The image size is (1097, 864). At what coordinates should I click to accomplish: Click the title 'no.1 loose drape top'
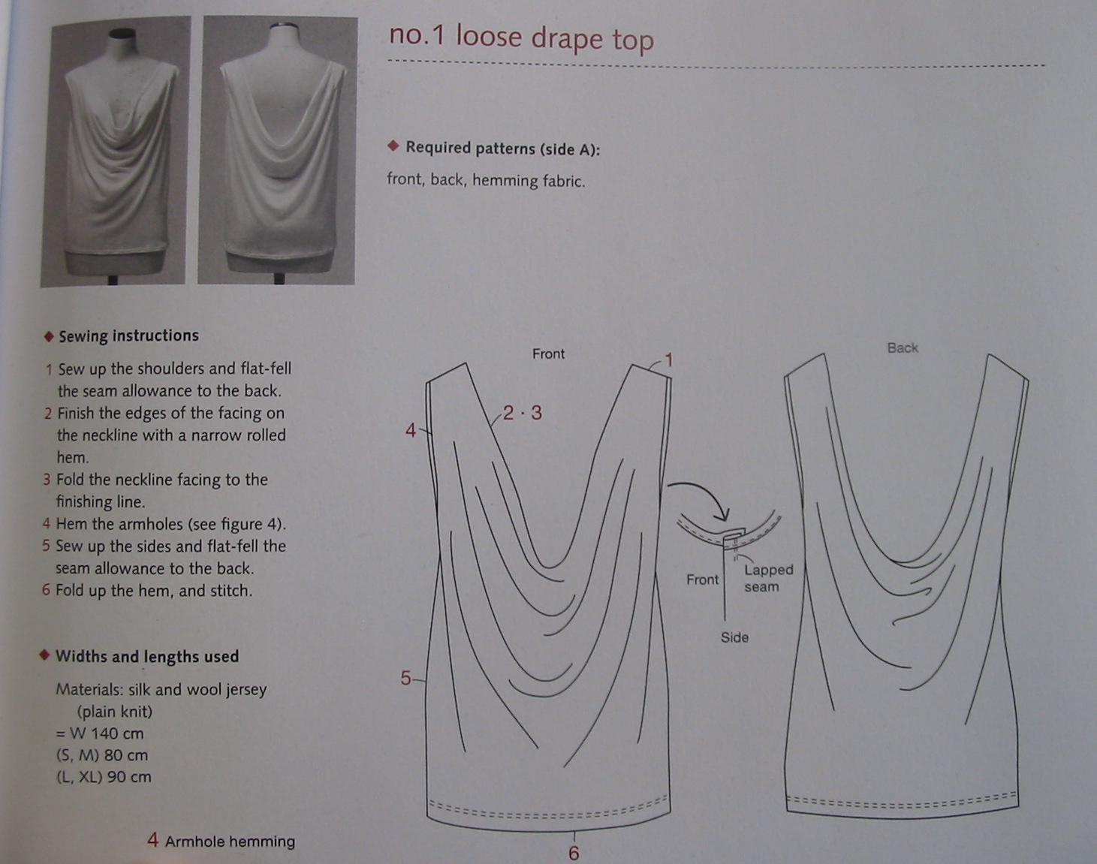(x=521, y=38)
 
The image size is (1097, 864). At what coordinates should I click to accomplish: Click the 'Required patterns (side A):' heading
(x=502, y=148)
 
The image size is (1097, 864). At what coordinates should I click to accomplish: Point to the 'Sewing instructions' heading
(x=128, y=336)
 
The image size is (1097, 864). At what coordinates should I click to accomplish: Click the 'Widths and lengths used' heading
(x=147, y=656)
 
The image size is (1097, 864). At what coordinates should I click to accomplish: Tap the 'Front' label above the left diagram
(x=548, y=354)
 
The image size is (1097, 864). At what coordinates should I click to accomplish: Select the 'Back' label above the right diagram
(x=903, y=348)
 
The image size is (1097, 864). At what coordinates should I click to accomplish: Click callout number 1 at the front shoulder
(x=668, y=360)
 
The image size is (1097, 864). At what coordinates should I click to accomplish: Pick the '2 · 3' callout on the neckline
(x=523, y=413)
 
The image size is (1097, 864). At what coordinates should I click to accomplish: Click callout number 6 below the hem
(x=574, y=853)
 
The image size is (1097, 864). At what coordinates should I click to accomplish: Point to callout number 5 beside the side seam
(x=405, y=679)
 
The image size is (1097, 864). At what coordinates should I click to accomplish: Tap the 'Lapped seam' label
(x=767, y=578)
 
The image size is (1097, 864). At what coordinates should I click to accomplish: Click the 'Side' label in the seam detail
(x=734, y=637)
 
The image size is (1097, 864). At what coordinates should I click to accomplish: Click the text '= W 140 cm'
(x=100, y=733)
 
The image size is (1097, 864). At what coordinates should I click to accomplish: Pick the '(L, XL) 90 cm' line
(x=104, y=777)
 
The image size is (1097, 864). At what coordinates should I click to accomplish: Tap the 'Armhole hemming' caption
(x=230, y=841)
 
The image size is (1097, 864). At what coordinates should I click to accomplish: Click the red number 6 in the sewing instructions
(x=46, y=590)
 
